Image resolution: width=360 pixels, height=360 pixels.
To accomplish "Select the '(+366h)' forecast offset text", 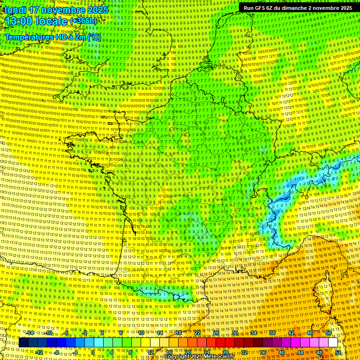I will click(83, 21).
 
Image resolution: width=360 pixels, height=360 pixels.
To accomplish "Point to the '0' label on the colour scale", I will click(93, 352).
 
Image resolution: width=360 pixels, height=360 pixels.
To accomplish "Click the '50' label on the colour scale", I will click(329, 333).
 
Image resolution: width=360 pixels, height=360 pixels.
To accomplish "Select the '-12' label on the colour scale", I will click(39, 352).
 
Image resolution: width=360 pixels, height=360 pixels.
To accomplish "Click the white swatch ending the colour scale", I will click(333, 343).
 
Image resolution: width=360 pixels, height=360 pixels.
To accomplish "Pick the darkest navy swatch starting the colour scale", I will click(23, 343).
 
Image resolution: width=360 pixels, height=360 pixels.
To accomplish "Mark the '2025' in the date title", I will click(97, 10).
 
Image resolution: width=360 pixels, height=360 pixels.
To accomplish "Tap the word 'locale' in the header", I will click(52, 21).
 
